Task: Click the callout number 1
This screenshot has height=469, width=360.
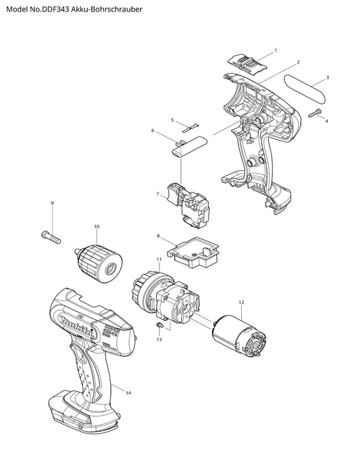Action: coord(276,50)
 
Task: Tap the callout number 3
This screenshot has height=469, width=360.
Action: coord(328,78)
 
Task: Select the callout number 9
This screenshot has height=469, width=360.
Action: coord(52,203)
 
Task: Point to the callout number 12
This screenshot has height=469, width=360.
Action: coord(241,302)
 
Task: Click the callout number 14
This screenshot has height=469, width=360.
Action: coord(128,393)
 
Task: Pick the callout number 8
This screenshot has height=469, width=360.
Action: coord(158,236)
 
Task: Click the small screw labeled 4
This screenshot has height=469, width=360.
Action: coord(315,113)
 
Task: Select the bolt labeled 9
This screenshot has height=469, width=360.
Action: coord(51,237)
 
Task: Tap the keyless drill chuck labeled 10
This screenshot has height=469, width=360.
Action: coord(99,264)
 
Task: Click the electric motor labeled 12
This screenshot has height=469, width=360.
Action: coord(239,337)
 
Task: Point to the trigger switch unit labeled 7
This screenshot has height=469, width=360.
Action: coord(186,205)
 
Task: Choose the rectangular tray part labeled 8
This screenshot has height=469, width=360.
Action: coord(193,253)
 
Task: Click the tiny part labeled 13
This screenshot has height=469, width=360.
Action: coord(160,325)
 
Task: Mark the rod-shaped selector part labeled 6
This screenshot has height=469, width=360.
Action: coord(190,146)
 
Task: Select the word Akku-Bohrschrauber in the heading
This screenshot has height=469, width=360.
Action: coord(107,9)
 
